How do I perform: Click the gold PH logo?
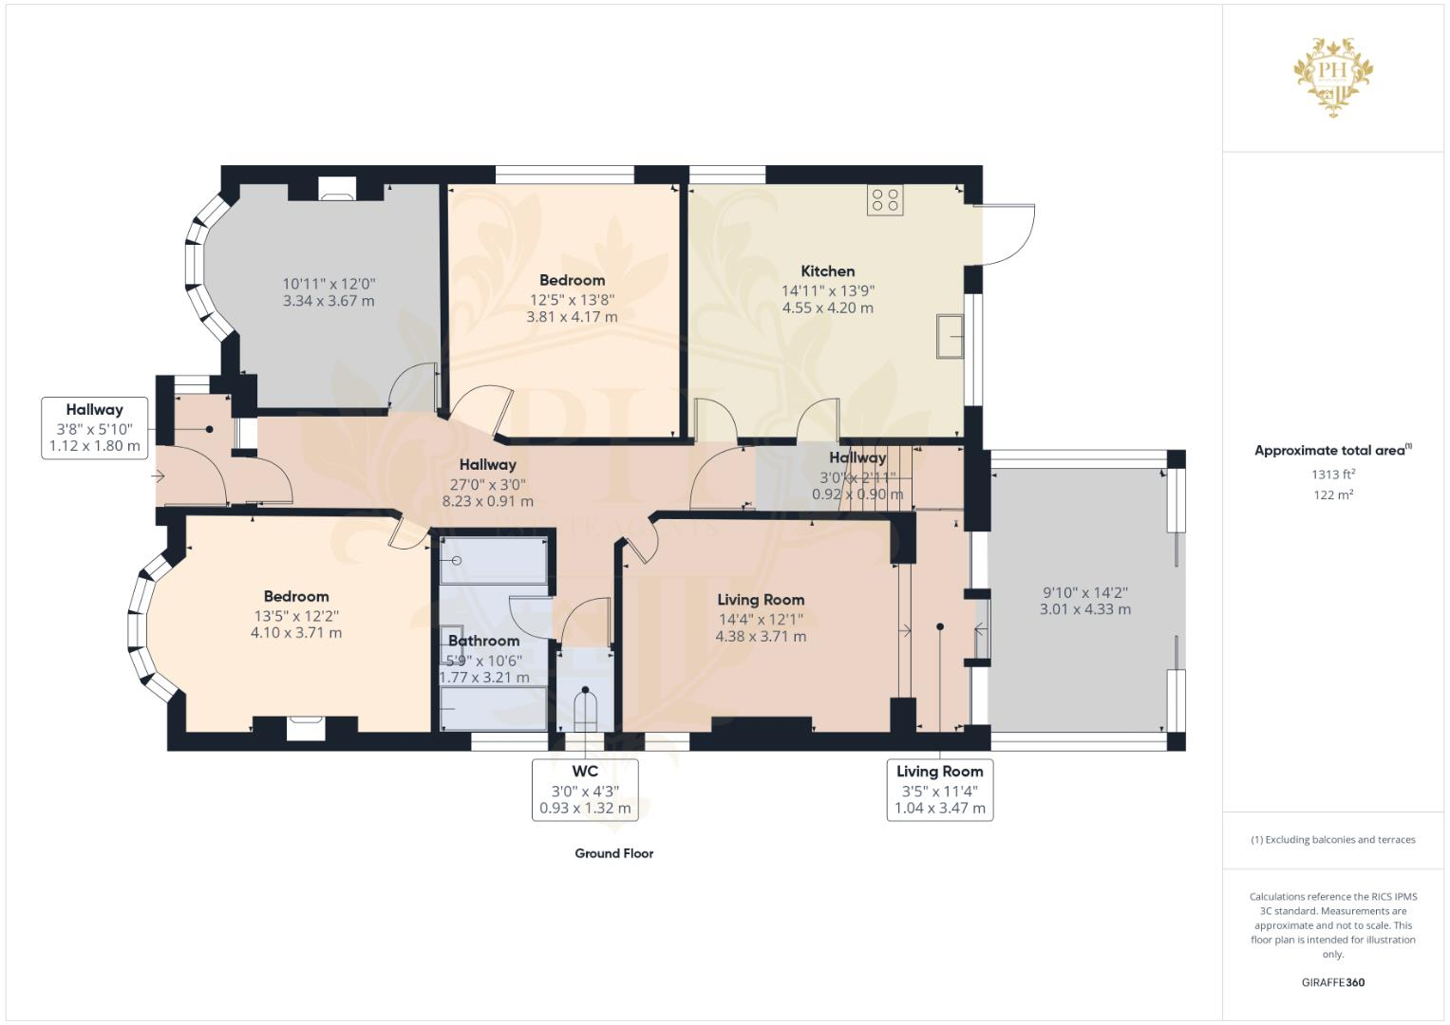click(1333, 77)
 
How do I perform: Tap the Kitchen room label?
click(827, 271)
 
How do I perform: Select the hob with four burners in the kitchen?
click(885, 199)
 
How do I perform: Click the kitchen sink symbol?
click(950, 336)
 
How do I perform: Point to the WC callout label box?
click(585, 790)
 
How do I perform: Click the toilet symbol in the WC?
click(586, 712)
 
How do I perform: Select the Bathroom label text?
click(483, 641)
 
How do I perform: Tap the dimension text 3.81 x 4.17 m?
click(572, 317)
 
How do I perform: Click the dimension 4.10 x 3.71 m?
click(296, 633)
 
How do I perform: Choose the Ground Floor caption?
click(613, 853)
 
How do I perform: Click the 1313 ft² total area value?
click(1333, 475)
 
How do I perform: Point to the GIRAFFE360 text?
click(1333, 982)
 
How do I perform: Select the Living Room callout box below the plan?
click(939, 790)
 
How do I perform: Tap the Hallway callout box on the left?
click(94, 428)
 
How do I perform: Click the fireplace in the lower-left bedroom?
click(306, 727)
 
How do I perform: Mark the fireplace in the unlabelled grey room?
click(336, 190)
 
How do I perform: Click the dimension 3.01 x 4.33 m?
click(1084, 609)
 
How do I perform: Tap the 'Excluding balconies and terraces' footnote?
click(1333, 840)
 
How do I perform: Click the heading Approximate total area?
click(1333, 451)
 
